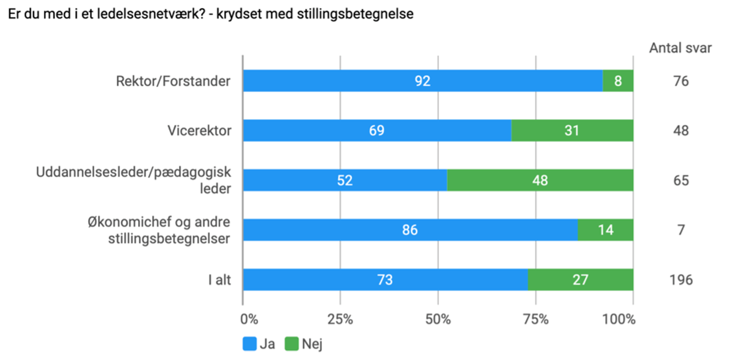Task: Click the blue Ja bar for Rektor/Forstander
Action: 422,81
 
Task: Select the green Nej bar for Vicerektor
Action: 572,130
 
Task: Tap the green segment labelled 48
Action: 540,180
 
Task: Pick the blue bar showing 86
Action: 410,230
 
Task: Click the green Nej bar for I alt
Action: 580,280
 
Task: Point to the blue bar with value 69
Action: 376,130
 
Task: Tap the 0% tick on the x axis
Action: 249,319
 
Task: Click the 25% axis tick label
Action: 341,319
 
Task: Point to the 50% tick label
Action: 438,319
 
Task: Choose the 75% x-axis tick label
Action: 536,319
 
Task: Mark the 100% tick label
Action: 620,319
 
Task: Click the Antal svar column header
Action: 680,48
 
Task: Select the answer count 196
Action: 681,280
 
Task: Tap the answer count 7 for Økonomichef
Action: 681,230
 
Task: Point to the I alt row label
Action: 220,280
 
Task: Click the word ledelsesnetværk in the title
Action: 131,14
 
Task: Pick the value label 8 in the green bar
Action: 618,81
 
